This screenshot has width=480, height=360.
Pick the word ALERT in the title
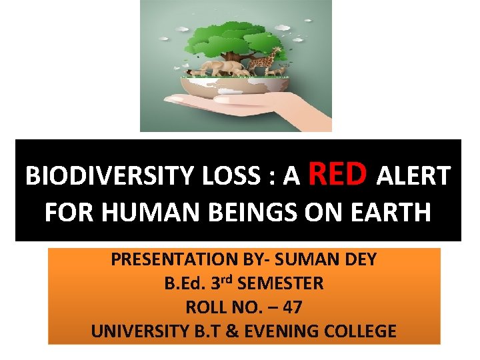click(x=414, y=177)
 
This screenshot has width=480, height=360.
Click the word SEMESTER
click(x=280, y=284)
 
